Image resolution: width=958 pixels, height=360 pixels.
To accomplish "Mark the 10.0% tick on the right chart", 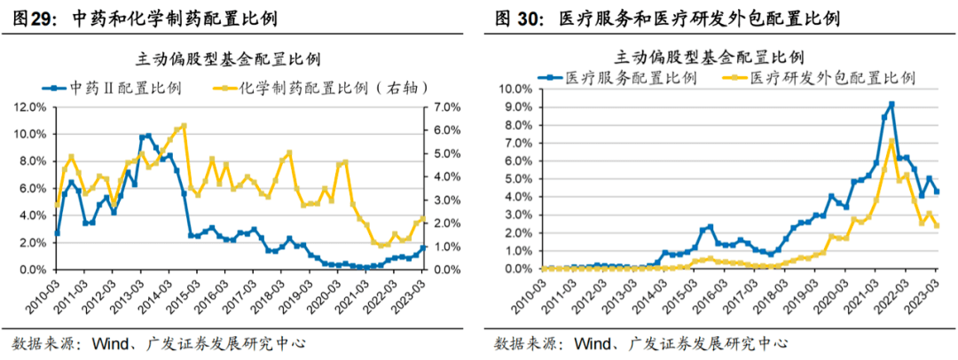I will point(514,89).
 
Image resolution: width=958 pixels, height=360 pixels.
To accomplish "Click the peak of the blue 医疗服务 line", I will point(891,104).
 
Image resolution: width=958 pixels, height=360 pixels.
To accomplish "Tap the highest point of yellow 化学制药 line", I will point(184,125).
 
